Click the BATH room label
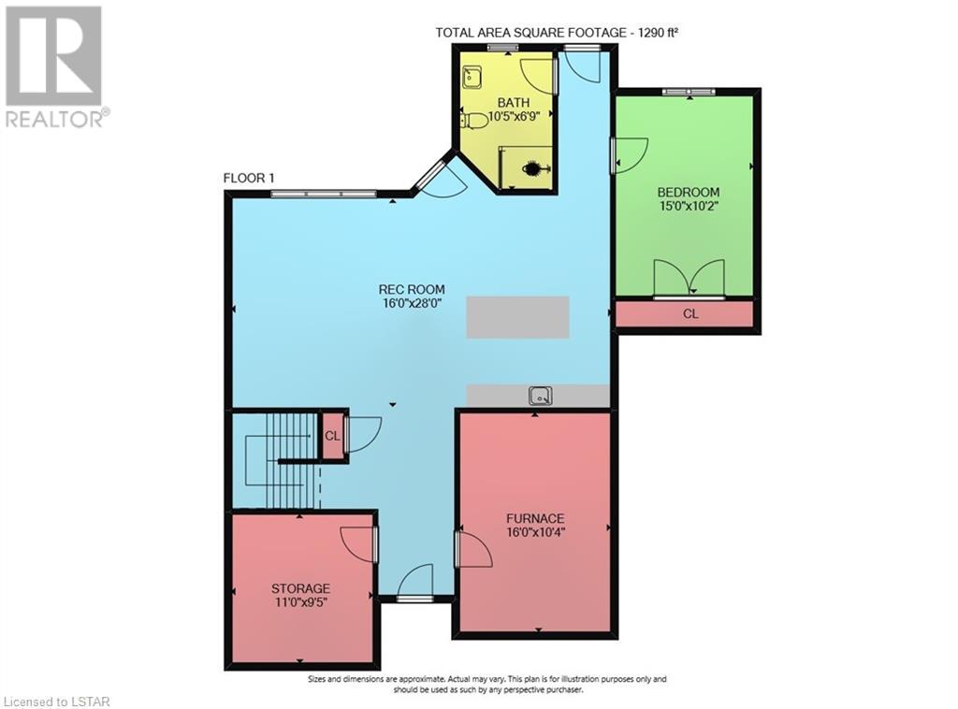tap(513, 103)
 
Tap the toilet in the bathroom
tap(473, 121)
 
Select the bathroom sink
tap(472, 78)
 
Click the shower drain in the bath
tap(531, 167)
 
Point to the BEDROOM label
tap(688, 192)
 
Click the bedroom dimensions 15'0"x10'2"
tap(688, 206)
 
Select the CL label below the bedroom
tap(689, 314)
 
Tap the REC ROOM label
tap(412, 289)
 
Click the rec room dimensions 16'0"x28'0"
tap(412, 303)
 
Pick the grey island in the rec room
tap(518, 317)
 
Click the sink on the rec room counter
tap(541, 396)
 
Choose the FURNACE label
tap(534, 518)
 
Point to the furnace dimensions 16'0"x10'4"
tap(534, 532)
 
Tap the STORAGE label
tap(300, 588)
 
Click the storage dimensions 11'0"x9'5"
tap(300, 602)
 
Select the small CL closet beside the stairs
tap(332, 436)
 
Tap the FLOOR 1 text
tap(249, 179)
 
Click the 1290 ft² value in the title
tap(658, 33)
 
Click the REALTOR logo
tap(55, 66)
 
